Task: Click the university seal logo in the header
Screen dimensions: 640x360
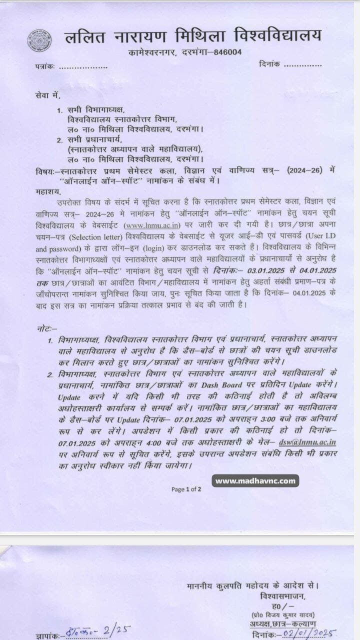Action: pos(39,40)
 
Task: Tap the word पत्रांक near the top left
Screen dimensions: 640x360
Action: pos(45,67)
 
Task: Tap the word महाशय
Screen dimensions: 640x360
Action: pos(47,190)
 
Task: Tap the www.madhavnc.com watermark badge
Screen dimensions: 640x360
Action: pos(255,481)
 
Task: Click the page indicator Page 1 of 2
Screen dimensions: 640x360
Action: pos(186,489)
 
